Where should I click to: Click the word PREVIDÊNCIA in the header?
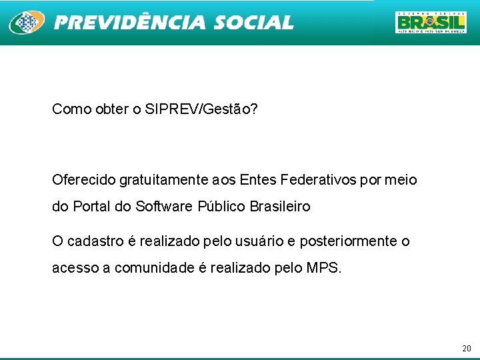130,23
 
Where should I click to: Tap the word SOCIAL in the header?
253,23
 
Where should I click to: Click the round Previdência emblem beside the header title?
26,23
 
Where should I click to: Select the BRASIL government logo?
431,22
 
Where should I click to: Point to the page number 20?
466,349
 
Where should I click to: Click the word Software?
165,207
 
